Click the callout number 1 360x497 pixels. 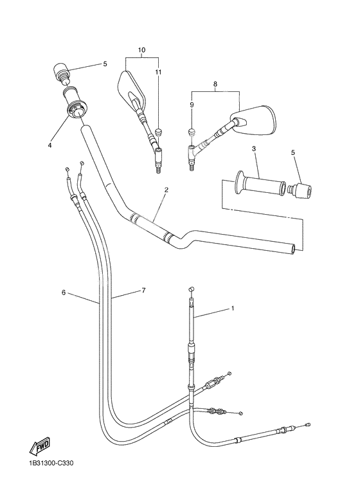click(232, 309)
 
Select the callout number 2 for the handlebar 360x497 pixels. click(166, 190)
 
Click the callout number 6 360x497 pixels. click(64, 293)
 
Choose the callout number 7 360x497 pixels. click(143, 291)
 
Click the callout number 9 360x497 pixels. click(191, 104)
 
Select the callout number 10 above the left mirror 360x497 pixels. click(141, 50)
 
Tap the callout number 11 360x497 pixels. click(158, 72)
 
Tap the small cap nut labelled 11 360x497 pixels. click(157, 132)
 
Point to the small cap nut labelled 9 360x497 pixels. click(191, 131)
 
